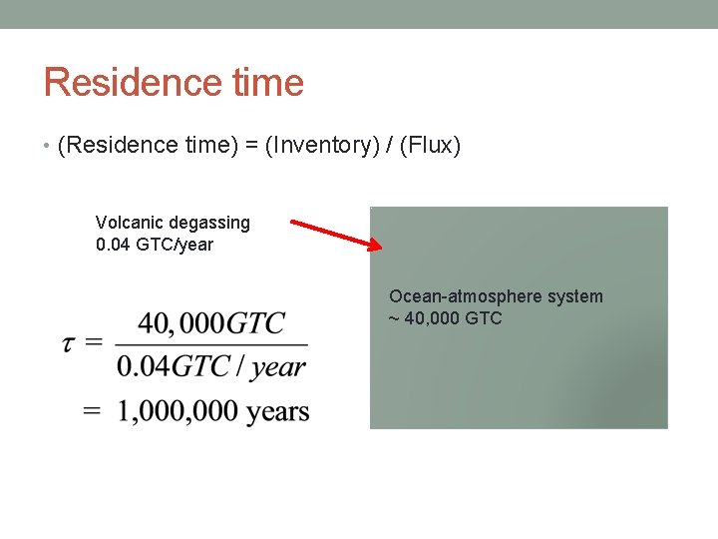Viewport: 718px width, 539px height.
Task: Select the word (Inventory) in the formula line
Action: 327,146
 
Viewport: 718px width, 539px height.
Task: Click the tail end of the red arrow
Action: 294,221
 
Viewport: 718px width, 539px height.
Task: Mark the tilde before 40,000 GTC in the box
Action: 394,319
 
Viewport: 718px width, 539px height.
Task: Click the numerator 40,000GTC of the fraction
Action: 211,323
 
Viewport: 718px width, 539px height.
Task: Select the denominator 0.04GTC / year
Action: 211,366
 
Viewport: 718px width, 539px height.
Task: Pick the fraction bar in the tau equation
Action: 211,345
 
